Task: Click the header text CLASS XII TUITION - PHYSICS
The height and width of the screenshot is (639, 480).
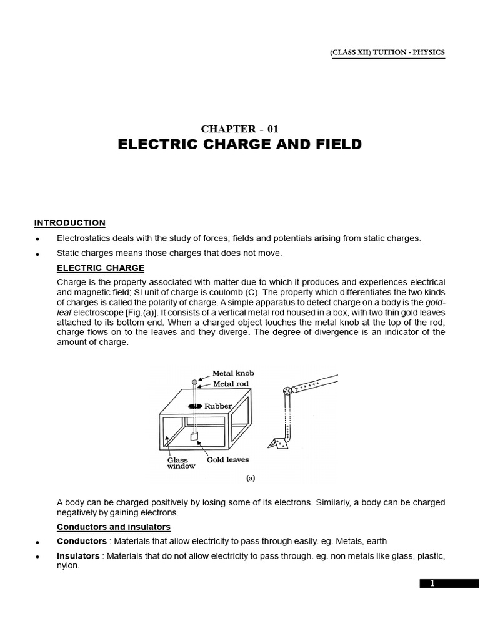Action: [387, 53]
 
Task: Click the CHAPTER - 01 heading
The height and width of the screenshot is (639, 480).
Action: [239, 129]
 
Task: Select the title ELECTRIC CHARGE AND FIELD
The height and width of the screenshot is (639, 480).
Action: [239, 145]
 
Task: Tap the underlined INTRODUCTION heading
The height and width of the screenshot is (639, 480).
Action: [69, 223]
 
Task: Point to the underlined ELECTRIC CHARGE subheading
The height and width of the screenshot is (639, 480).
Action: [101, 268]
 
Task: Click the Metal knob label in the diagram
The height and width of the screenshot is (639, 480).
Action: [233, 373]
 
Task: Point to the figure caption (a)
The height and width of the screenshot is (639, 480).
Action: [251, 479]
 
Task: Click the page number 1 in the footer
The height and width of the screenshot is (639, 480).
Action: [431, 583]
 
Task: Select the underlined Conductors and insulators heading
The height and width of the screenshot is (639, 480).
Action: [113, 527]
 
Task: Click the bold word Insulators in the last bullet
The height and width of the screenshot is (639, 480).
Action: [78, 555]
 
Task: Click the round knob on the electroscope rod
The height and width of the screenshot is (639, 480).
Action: [194, 381]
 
